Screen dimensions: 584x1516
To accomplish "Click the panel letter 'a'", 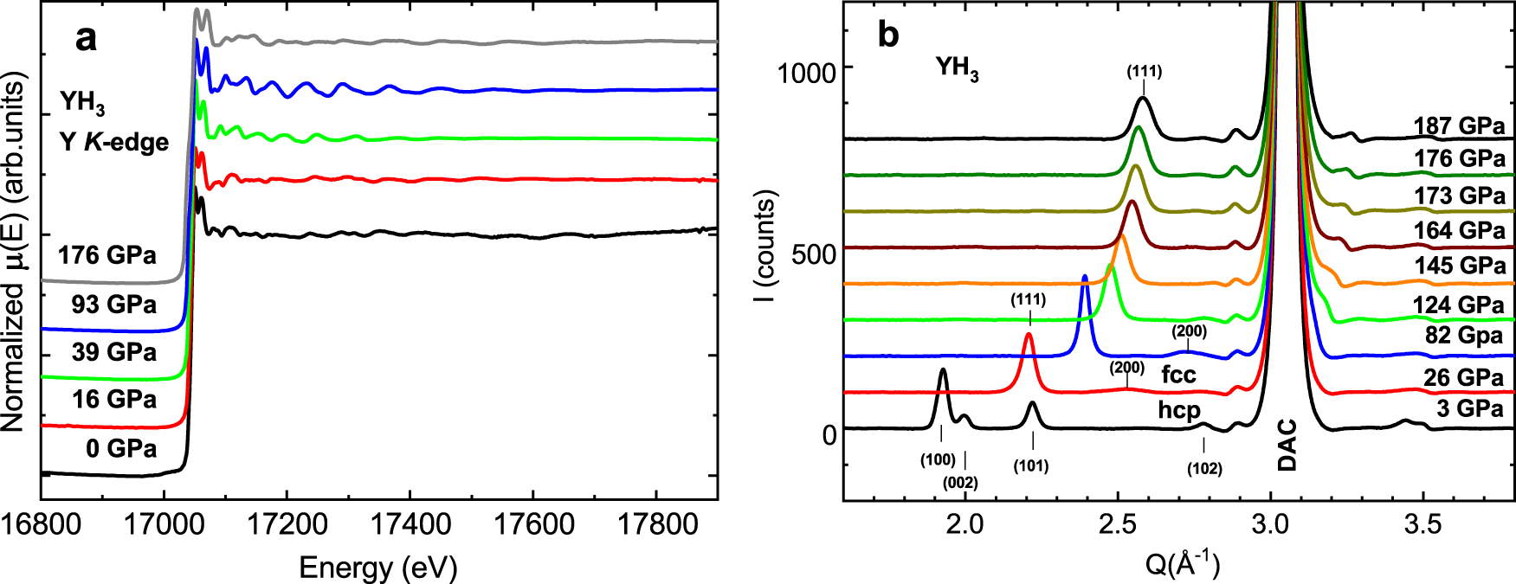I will (86, 39).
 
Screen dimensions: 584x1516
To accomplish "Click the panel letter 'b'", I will (888, 35).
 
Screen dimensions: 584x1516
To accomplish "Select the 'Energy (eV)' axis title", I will (378, 568).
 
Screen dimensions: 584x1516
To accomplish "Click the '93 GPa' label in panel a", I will (113, 305).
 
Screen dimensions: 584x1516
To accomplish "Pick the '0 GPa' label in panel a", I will (121, 448).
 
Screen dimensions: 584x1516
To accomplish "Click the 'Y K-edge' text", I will (114, 142).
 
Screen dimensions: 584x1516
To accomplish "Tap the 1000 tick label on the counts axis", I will (806, 72).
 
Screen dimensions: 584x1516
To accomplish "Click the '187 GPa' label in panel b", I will (1459, 126).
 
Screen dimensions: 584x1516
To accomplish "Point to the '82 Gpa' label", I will (1464, 335).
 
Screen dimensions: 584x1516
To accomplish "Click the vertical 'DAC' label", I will (1287, 445).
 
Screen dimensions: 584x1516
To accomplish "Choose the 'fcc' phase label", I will (1178, 375).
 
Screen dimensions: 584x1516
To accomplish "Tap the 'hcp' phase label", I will (1179, 408).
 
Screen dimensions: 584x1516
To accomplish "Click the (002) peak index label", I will (960, 483).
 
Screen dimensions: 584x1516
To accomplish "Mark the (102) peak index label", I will (1204, 469).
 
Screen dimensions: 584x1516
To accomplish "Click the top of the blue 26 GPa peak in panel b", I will (1085, 277).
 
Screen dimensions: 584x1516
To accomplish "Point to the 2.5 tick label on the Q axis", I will (1118, 524).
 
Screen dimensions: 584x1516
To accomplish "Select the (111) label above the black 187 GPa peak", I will (1144, 72).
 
